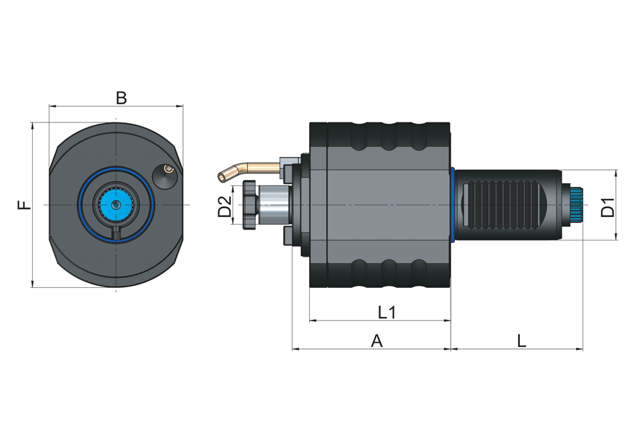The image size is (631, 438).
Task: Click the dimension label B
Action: click(x=121, y=98)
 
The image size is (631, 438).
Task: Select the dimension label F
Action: click(x=23, y=205)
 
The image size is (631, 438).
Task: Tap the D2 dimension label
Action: click(x=225, y=206)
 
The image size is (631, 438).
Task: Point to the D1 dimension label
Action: click(x=607, y=207)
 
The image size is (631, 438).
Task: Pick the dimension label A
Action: click(x=377, y=341)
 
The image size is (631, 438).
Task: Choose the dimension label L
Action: click(x=521, y=341)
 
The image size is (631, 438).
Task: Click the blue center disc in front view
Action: click(x=115, y=205)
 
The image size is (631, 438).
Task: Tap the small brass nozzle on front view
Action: click(x=167, y=169)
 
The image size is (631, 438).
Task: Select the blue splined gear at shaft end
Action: click(x=575, y=205)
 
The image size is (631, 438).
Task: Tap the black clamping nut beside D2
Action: click(x=247, y=203)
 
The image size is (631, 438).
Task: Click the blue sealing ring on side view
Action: click(x=453, y=205)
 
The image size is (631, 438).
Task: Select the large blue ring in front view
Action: click(x=80, y=205)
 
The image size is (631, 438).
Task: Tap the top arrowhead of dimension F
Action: click(x=32, y=126)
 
